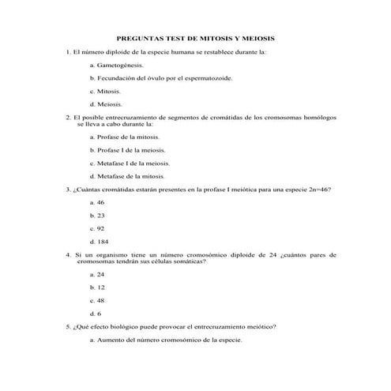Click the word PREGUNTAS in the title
(139, 38)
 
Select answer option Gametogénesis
(120, 66)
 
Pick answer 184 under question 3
(103, 241)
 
